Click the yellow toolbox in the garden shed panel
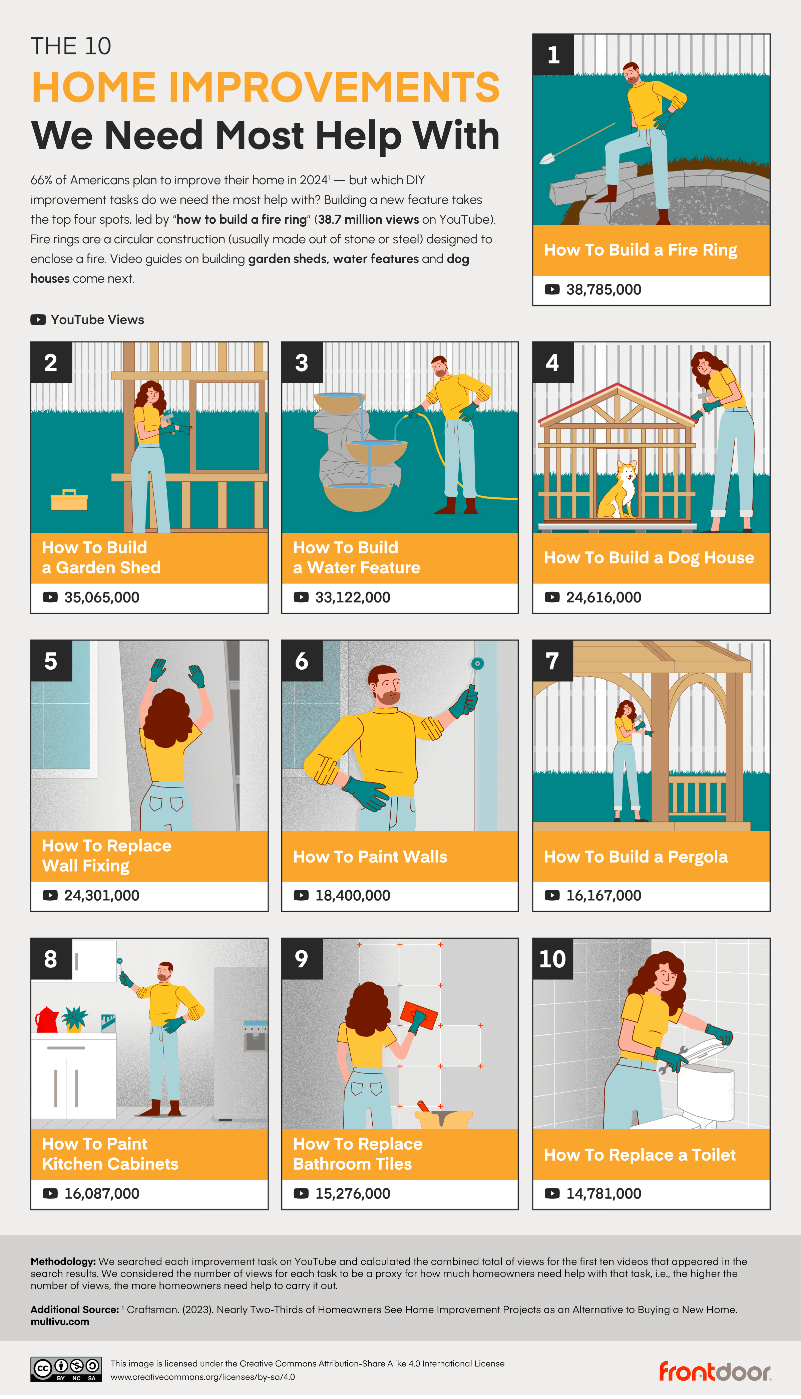[x=69, y=500]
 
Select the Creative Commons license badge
[x=66, y=1369]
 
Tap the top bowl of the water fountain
[x=339, y=403]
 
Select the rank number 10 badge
[x=552, y=959]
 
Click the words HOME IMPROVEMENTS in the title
[x=265, y=87]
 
